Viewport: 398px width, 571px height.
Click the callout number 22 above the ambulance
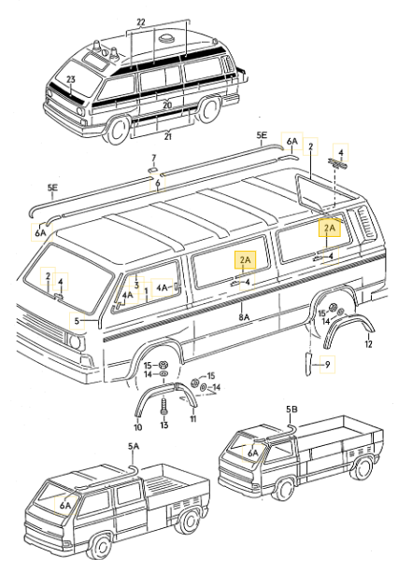[141, 21]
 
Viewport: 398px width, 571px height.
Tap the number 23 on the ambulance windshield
[69, 80]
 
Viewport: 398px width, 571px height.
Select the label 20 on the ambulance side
[167, 105]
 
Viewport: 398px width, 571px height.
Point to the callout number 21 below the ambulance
[167, 137]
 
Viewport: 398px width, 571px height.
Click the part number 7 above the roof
[155, 158]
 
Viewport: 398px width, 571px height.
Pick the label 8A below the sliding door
[244, 317]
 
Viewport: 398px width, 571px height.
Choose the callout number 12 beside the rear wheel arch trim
[368, 344]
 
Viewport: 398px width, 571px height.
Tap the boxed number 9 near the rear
[327, 364]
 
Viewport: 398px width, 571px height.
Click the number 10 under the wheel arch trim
[137, 426]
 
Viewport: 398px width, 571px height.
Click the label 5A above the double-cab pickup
[134, 447]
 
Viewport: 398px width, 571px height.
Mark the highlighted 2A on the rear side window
[329, 228]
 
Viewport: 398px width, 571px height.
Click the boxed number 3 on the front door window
[135, 285]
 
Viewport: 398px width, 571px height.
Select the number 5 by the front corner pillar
[78, 320]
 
